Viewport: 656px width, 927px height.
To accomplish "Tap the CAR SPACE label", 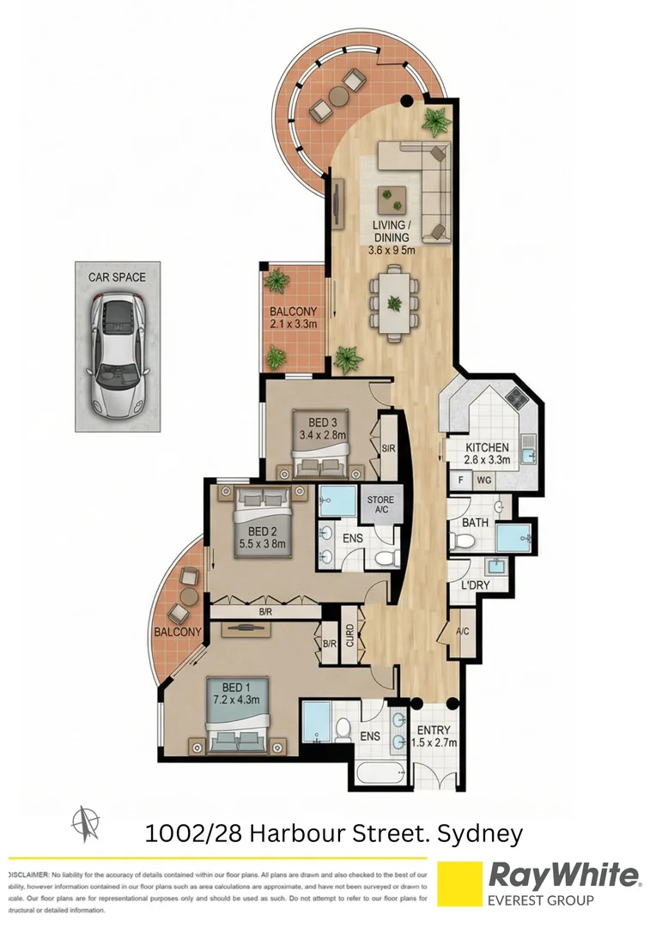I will coord(117,277).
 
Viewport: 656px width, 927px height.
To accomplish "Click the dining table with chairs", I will coord(393,303).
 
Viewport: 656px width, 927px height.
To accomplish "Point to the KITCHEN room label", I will coord(488,453).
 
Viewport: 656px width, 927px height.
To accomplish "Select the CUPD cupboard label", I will coord(350,635).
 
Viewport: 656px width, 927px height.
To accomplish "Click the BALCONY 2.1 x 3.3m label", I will coord(294,318).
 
